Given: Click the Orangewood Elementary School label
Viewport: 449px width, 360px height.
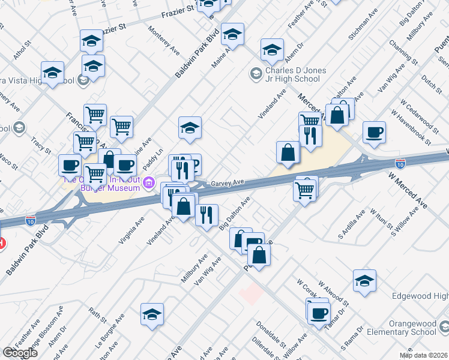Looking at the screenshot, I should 404,326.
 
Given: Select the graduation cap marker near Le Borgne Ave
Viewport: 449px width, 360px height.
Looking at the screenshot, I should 152,314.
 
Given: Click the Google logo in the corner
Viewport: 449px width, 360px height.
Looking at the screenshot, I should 20,353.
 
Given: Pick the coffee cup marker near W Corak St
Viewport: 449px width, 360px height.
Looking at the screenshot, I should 319,313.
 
